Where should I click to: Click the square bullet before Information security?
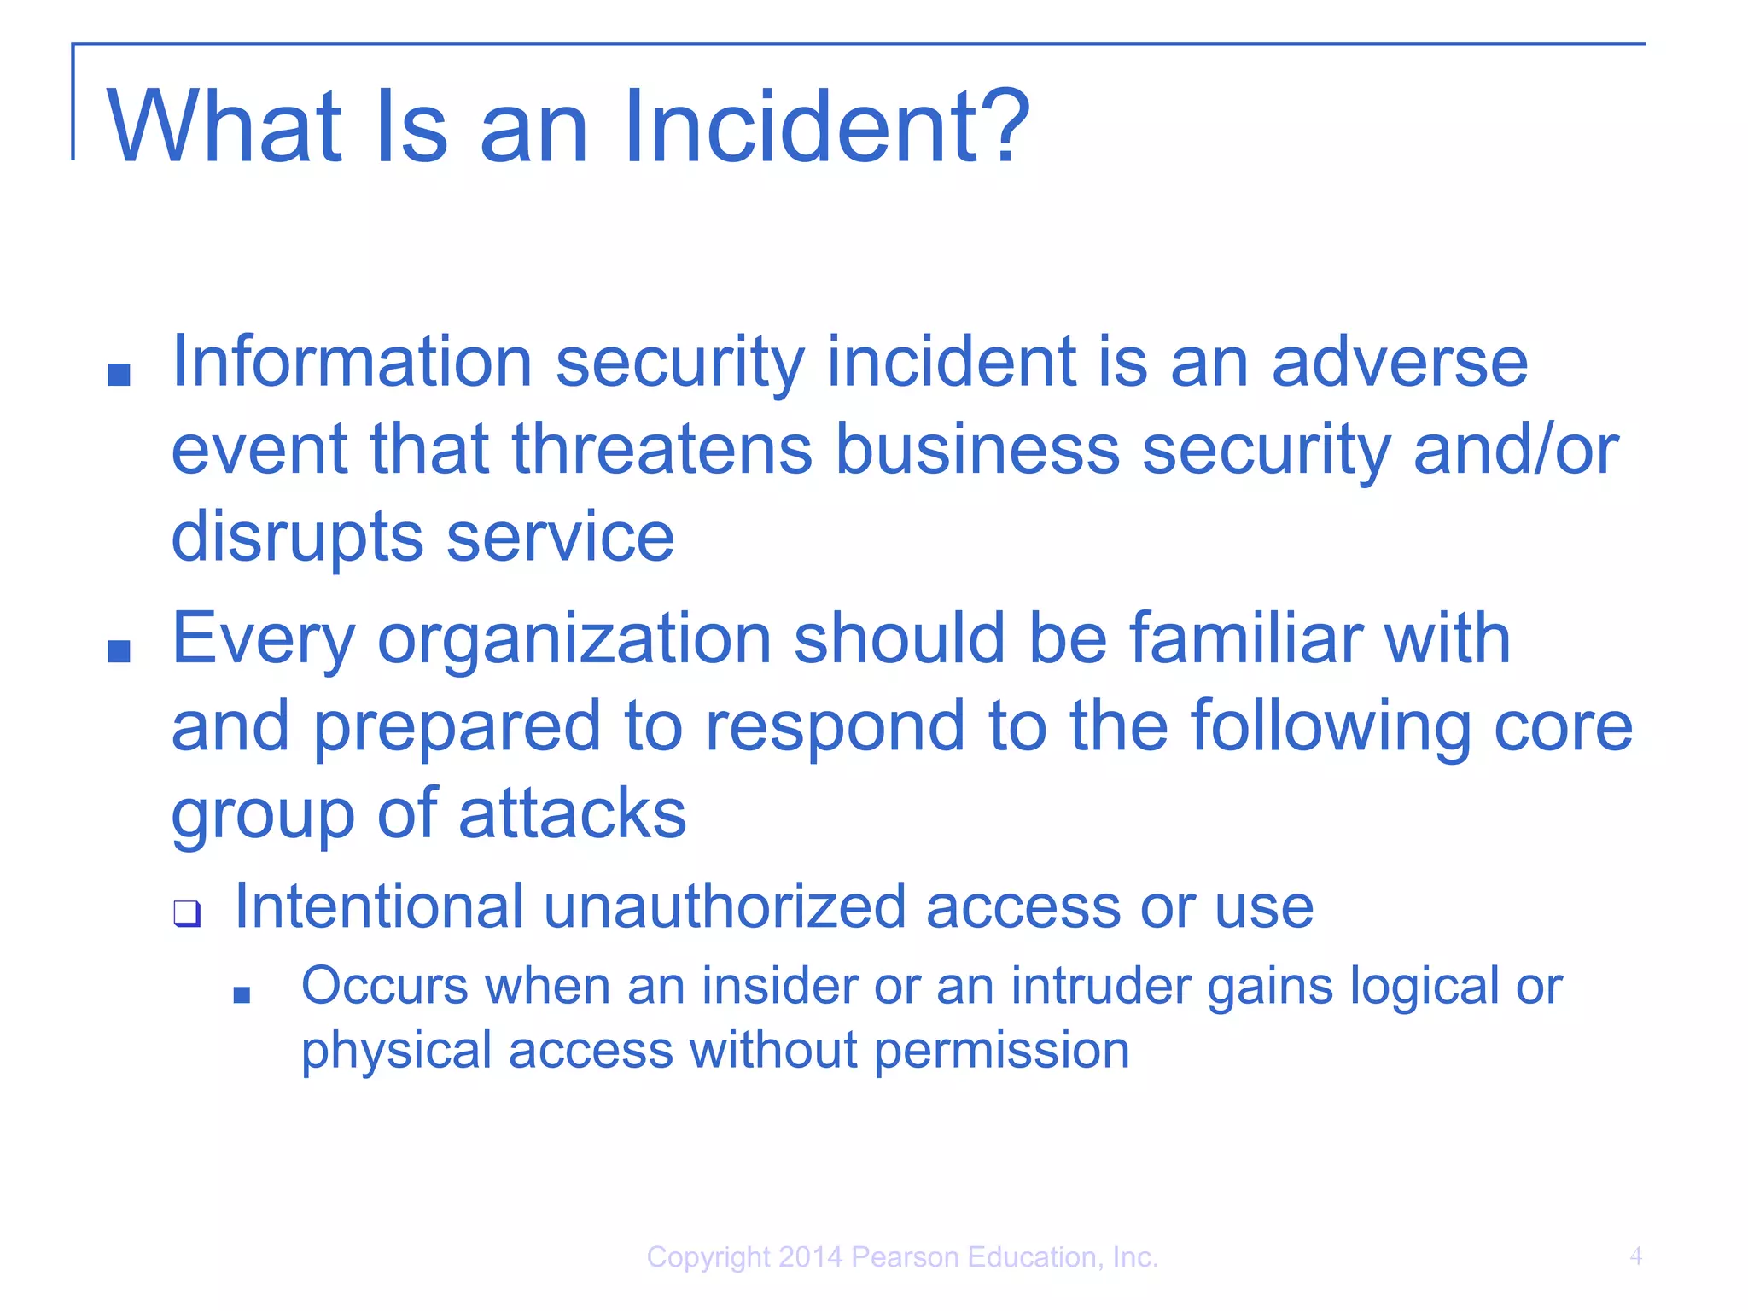click(x=119, y=374)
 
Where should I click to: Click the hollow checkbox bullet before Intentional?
click(x=187, y=913)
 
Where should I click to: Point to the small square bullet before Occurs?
click(x=242, y=994)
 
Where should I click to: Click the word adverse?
click(x=1400, y=363)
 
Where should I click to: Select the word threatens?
click(x=661, y=450)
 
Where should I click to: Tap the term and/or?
click(x=1515, y=450)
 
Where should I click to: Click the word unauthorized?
click(x=725, y=906)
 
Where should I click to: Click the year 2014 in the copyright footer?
click(x=810, y=1257)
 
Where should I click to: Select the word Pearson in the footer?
click(x=906, y=1257)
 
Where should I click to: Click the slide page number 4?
click(x=1635, y=1256)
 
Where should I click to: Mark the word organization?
click(x=574, y=640)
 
